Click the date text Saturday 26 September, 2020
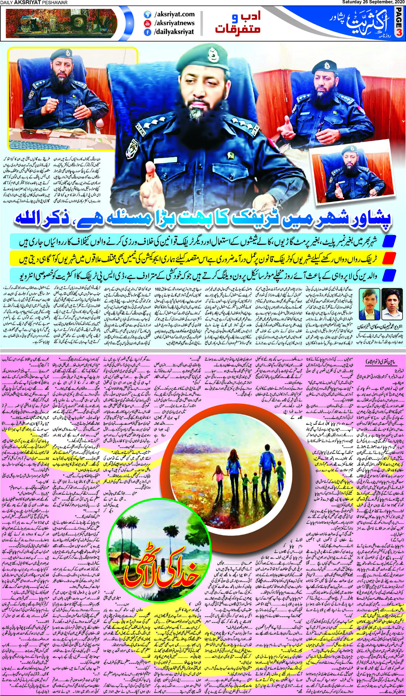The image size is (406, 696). coord(372,3)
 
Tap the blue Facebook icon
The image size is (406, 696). coord(146,32)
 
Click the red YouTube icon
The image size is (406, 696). coord(146,23)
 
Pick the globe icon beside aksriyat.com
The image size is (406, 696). coord(146,14)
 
